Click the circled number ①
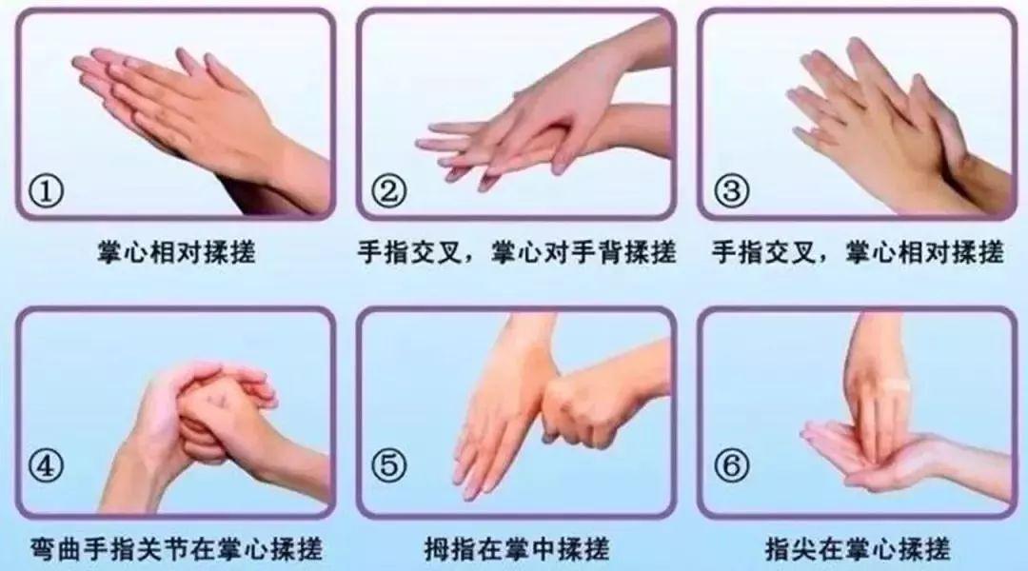pos(46,192)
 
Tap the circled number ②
pos(388,192)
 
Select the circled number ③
pos(731,192)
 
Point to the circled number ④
pos(46,466)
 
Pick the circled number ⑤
pos(388,466)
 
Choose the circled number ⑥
pos(731,466)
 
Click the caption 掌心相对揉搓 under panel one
pos(176,252)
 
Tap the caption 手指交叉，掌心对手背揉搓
pos(517,252)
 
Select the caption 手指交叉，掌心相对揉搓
pos(858,252)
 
